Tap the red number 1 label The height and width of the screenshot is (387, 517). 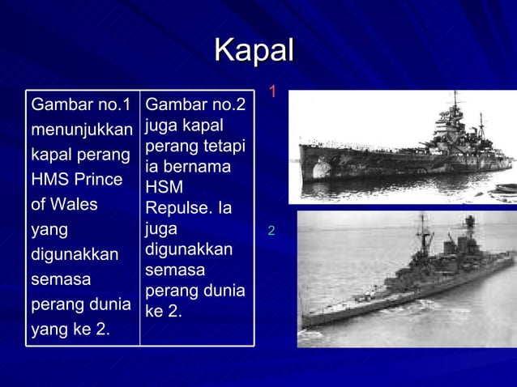(273, 91)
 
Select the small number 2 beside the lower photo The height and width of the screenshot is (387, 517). (271, 232)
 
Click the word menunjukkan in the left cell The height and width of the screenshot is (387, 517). (81, 130)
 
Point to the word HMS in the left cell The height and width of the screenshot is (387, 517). (48, 179)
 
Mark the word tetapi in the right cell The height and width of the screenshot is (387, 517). (229, 147)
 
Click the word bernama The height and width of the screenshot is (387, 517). (199, 167)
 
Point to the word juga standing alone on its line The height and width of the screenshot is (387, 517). (161, 229)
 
